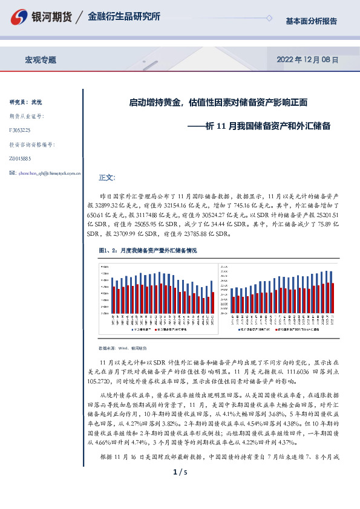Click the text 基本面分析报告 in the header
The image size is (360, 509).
pyautogui.click(x=311, y=21)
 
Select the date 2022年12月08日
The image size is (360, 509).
pyautogui.click(x=307, y=60)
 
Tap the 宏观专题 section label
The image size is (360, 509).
pyautogui.click(x=41, y=60)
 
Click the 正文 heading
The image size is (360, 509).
pyautogui.click(x=106, y=178)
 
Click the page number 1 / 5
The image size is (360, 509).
pyautogui.click(x=180, y=488)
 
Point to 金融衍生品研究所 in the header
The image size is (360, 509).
pyautogui.click(x=124, y=17)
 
